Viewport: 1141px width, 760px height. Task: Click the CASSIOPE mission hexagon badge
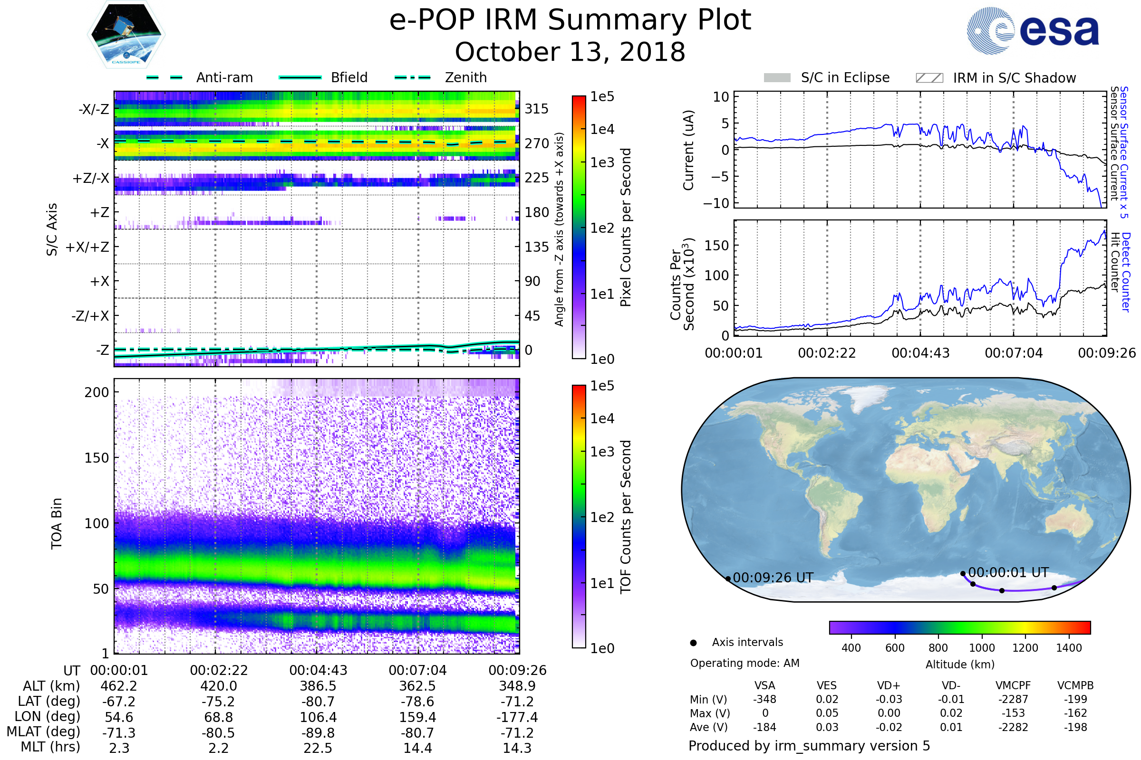pos(126,34)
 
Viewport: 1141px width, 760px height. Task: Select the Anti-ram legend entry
pos(199,77)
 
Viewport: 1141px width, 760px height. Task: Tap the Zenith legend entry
pos(441,77)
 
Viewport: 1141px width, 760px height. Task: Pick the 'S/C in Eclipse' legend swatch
pos(777,78)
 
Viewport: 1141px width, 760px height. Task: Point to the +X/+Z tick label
pos(87,247)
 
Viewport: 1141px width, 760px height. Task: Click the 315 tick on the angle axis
pos(536,109)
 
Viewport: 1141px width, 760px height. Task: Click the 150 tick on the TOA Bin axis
pos(97,458)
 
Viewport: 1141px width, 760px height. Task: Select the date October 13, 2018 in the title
pos(570,52)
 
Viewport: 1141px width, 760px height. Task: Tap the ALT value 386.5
pos(318,686)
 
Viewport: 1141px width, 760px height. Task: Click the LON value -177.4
pos(517,717)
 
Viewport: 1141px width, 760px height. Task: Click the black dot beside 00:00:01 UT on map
pos(963,574)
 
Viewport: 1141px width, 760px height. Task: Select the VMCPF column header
pos(1013,686)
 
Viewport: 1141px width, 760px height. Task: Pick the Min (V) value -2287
pos(1013,699)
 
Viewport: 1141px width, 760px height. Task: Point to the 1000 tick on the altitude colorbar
pos(982,648)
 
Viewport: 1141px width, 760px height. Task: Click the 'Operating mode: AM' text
pos(745,663)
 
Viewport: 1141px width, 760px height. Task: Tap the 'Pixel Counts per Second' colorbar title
pos(626,228)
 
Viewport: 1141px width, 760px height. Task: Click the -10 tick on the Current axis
pos(716,203)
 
